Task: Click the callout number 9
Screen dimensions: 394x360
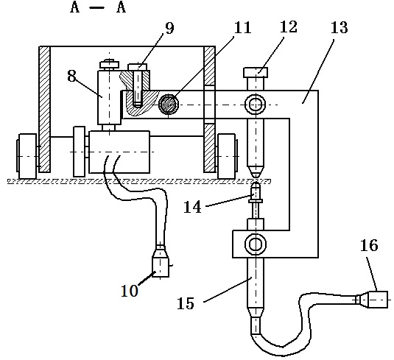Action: pos(169,28)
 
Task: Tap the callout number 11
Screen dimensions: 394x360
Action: pos(242,27)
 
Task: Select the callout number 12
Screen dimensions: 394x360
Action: pos(289,27)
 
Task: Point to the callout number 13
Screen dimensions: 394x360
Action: pos(339,27)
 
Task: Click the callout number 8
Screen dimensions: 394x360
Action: pos(72,76)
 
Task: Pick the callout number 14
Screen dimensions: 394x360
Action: pos(193,208)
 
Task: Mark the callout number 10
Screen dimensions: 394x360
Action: pos(130,291)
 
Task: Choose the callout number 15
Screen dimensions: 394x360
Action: pos(186,303)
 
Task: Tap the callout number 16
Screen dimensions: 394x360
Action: pos(369,245)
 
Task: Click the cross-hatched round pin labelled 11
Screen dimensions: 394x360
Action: pos(169,105)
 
